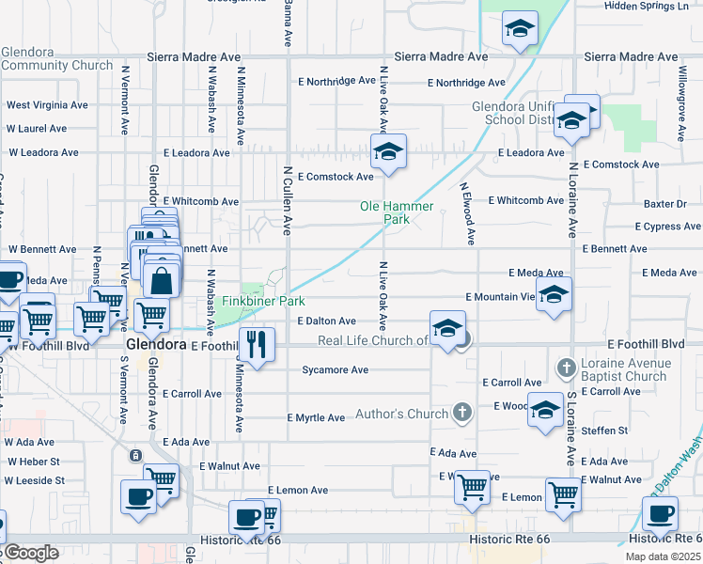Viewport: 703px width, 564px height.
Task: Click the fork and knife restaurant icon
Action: coord(255,344)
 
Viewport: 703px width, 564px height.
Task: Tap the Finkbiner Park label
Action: coord(265,302)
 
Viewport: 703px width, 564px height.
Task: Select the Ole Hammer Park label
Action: coord(397,212)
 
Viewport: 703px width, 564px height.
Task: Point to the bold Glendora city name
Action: coord(155,345)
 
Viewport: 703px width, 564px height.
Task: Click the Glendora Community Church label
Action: coord(57,59)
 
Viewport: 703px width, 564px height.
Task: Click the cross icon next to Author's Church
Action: coord(461,413)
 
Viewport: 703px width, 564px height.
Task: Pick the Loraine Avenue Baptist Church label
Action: coord(623,369)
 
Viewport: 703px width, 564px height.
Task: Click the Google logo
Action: coord(31,553)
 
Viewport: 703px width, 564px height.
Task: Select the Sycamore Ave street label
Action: coord(335,370)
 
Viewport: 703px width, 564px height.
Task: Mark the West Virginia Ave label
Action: coord(47,105)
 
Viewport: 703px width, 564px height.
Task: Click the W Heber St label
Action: coord(33,462)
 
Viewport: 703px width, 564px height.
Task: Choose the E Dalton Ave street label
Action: coord(327,321)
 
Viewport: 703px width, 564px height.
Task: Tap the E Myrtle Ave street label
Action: coord(317,417)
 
